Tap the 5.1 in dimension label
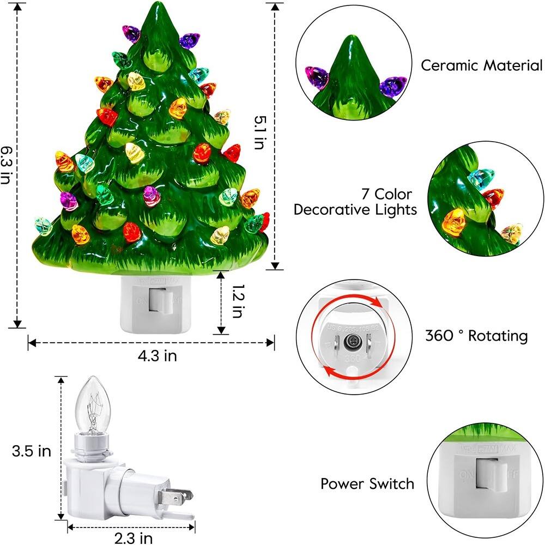[x=261, y=132]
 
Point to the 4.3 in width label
[x=157, y=356]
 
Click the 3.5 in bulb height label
[x=32, y=451]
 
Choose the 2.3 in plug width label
[x=133, y=539]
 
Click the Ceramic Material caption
[x=481, y=65]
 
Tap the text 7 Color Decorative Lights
[x=355, y=202]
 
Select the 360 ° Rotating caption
[x=476, y=335]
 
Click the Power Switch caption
[x=367, y=483]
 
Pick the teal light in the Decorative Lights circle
[x=482, y=178]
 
